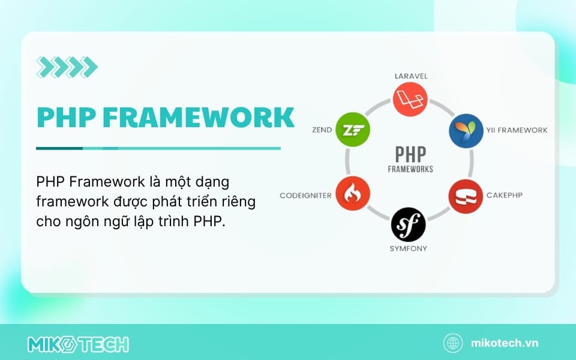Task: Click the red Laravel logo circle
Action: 410,100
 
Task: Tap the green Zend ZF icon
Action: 353,130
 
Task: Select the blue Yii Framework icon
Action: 466,131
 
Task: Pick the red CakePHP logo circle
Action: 466,197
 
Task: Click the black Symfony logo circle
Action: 409,224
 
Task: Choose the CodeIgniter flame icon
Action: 353,194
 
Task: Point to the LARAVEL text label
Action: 411,76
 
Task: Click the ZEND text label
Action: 322,130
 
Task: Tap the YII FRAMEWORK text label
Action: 517,130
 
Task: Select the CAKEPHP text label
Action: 505,195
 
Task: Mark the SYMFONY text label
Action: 409,248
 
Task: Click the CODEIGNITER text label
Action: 305,196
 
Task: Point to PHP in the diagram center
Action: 410,154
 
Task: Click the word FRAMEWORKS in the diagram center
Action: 410,169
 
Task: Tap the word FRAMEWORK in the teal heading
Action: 199,117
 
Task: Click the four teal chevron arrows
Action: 67,67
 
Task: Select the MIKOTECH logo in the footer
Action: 78,344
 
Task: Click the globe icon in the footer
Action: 453,343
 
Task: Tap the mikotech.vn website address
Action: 505,343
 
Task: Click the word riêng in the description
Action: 238,202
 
